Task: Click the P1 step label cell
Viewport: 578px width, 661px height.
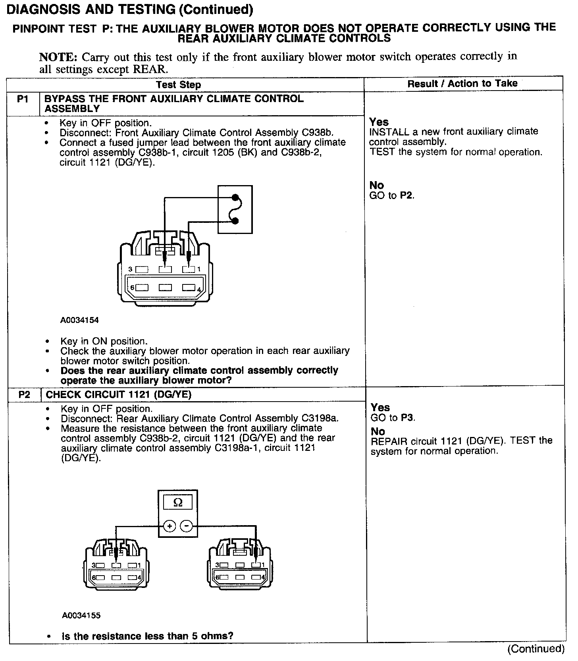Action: [23, 99]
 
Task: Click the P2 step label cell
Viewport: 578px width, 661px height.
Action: [24, 394]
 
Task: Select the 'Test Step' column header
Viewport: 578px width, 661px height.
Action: [178, 85]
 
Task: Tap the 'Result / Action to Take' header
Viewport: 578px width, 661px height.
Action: [462, 83]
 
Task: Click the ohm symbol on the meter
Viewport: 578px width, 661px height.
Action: [178, 503]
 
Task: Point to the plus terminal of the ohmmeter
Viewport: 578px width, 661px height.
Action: [170, 526]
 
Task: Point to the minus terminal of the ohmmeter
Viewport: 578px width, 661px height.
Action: [186, 526]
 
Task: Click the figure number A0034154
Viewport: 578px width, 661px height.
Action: [79, 320]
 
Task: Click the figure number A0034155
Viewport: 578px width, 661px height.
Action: [81, 615]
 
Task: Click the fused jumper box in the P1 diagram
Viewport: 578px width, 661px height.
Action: [235, 209]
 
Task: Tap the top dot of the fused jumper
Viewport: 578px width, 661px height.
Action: [235, 197]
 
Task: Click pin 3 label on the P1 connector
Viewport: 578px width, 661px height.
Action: [130, 269]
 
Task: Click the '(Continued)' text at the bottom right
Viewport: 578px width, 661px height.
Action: [536, 648]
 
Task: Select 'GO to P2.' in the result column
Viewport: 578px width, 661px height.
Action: [391, 195]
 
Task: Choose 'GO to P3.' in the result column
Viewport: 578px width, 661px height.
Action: [393, 417]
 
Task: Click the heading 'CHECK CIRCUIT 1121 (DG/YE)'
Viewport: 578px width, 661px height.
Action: [118, 394]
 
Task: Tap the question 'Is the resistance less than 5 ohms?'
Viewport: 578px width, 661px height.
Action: [147, 636]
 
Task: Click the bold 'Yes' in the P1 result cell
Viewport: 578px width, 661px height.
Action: [379, 122]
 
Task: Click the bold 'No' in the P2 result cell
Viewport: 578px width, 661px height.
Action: [378, 431]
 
